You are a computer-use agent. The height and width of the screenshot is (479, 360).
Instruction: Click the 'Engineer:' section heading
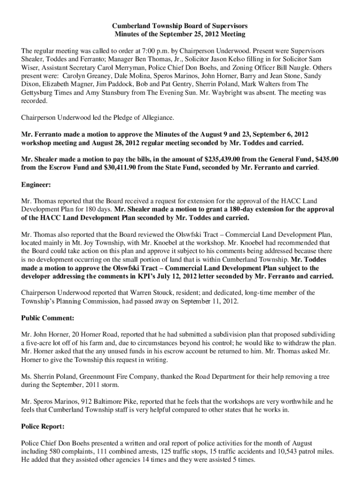click(36, 185)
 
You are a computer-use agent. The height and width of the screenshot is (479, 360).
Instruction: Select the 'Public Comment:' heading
click(47, 318)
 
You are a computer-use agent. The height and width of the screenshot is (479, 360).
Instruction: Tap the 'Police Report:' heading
click(43, 427)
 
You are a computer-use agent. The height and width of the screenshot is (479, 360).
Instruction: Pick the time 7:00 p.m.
click(119, 50)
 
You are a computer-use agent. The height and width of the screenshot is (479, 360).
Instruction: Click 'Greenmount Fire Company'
click(108, 377)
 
